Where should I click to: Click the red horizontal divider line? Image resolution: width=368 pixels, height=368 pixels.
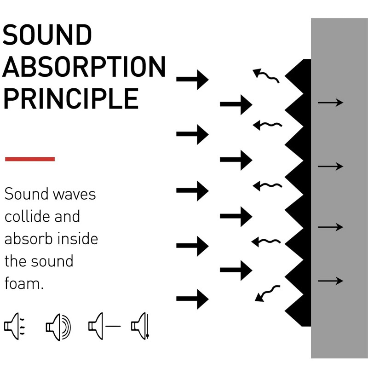point(30,159)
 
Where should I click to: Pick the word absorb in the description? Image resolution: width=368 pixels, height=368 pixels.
point(24,239)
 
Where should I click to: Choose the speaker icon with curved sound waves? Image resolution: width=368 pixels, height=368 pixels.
point(58,327)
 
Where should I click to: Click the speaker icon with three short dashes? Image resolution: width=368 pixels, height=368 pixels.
point(15,327)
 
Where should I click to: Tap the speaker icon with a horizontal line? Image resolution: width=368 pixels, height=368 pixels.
point(104,327)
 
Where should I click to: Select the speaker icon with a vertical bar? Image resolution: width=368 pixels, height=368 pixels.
point(141,327)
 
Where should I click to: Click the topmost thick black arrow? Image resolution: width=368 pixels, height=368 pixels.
point(192,79)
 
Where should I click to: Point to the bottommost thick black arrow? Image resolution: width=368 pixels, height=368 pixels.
point(192,299)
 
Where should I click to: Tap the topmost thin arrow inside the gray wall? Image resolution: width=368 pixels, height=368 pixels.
point(330,103)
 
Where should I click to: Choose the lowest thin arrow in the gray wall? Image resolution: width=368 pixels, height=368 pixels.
point(330,281)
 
